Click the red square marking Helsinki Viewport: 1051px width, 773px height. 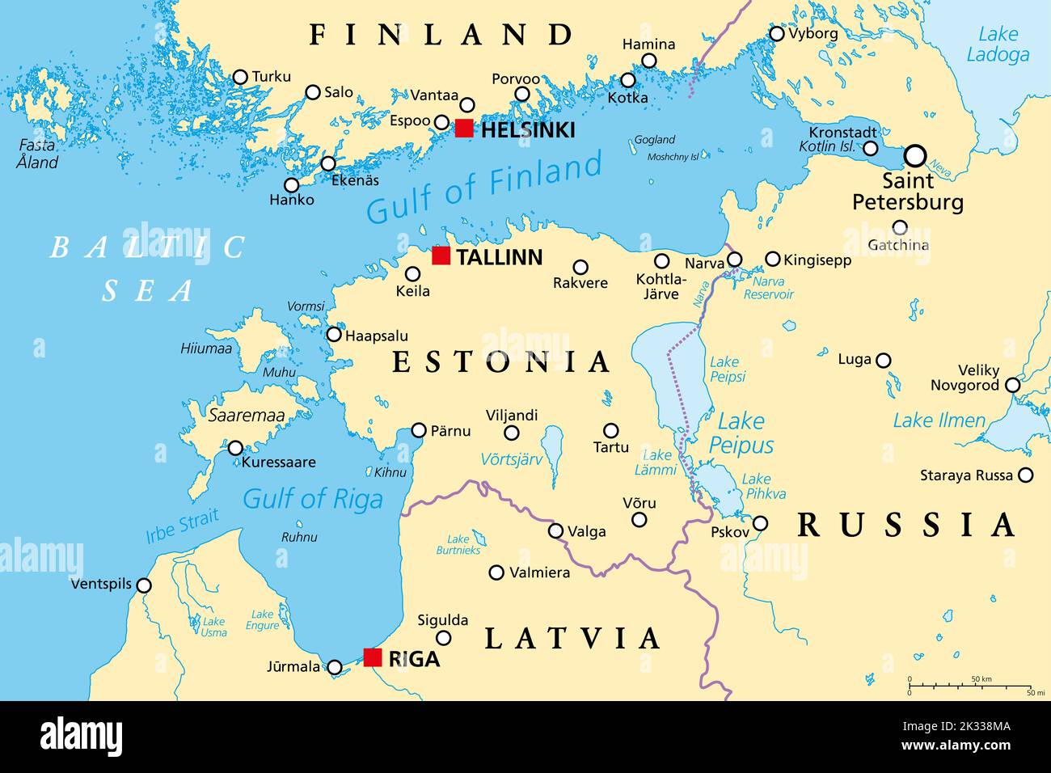464,128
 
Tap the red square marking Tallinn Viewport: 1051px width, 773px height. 441,256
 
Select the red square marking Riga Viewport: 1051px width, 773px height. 372,657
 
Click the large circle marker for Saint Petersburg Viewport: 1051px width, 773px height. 915,154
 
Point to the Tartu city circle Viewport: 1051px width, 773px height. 611,430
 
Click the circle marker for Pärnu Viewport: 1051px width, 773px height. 419,430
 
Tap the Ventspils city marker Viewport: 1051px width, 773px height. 144,585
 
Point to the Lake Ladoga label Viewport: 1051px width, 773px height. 998,44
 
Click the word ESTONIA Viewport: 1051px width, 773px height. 501,361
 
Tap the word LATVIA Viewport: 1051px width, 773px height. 572,639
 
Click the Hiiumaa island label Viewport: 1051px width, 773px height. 206,348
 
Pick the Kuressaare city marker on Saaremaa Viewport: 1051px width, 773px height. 235,448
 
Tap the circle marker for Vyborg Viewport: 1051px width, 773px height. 777,34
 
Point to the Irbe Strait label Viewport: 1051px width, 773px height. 182,526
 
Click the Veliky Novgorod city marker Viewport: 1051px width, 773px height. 1012,386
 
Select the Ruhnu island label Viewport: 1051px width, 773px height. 299,537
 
